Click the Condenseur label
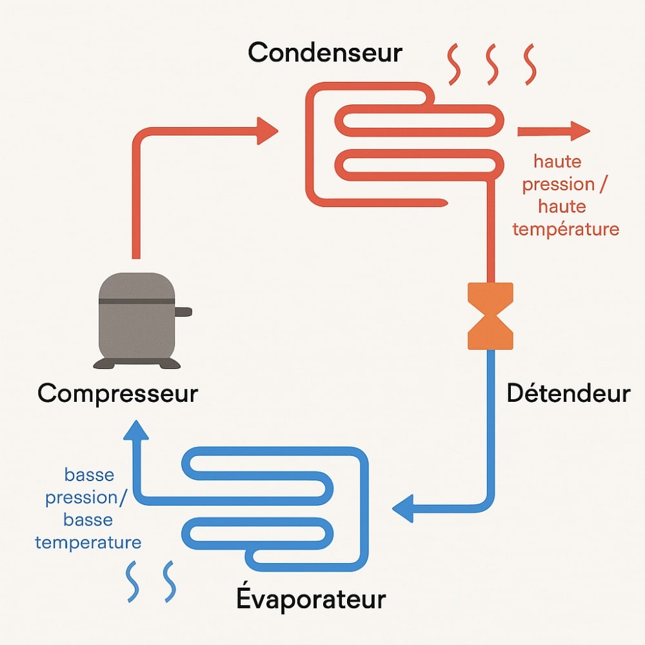tap(325, 53)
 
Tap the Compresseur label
tap(117, 393)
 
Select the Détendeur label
tap(568, 393)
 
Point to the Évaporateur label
tap(311, 599)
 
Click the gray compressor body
tap(136, 316)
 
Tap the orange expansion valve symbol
tap(490, 316)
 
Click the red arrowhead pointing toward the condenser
tap(267, 131)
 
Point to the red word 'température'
tap(566, 228)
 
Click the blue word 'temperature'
tap(88, 542)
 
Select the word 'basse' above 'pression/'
tap(89, 475)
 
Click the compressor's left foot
tap(104, 364)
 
